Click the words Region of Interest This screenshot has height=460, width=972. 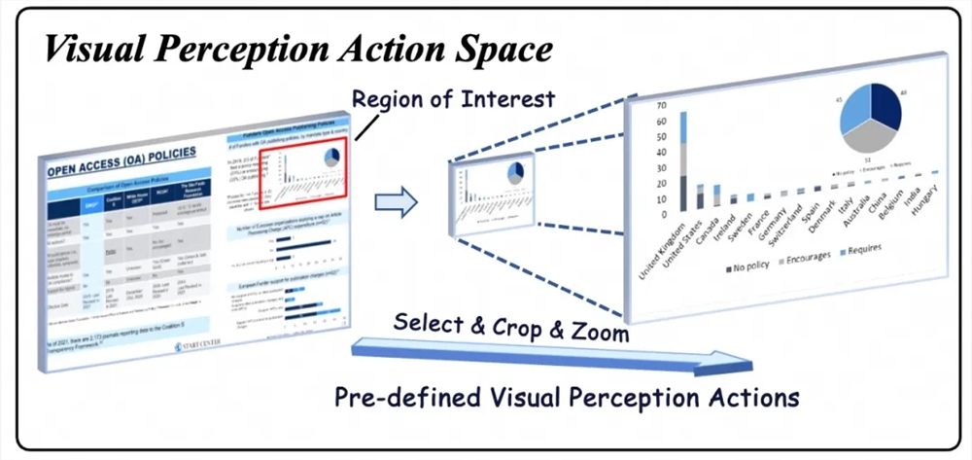453,99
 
